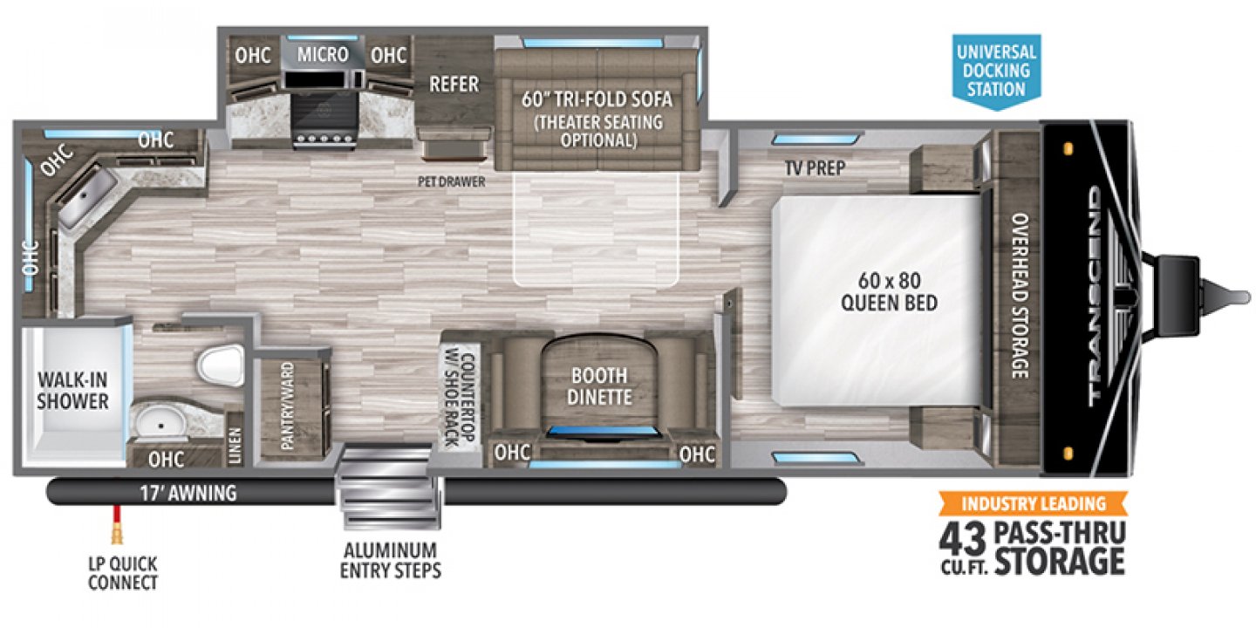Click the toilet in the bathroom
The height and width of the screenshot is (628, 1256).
point(219,364)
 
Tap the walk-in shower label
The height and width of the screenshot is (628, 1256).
point(72,391)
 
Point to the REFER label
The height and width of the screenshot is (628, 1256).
point(454,84)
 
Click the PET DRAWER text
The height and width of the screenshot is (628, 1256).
point(450,182)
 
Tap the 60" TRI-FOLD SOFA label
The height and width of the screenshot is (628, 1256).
point(597,99)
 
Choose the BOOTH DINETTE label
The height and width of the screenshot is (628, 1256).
point(599,387)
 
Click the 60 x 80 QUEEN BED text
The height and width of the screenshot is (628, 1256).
point(890,292)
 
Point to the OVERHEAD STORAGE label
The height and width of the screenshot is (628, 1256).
point(1017,297)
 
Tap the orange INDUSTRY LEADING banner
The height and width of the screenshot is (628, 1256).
point(1033,503)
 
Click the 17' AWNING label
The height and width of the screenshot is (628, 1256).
point(189,494)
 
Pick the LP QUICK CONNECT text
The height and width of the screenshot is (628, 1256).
point(123,573)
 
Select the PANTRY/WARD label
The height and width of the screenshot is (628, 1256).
point(289,406)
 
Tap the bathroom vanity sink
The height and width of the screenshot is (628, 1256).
point(161,421)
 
